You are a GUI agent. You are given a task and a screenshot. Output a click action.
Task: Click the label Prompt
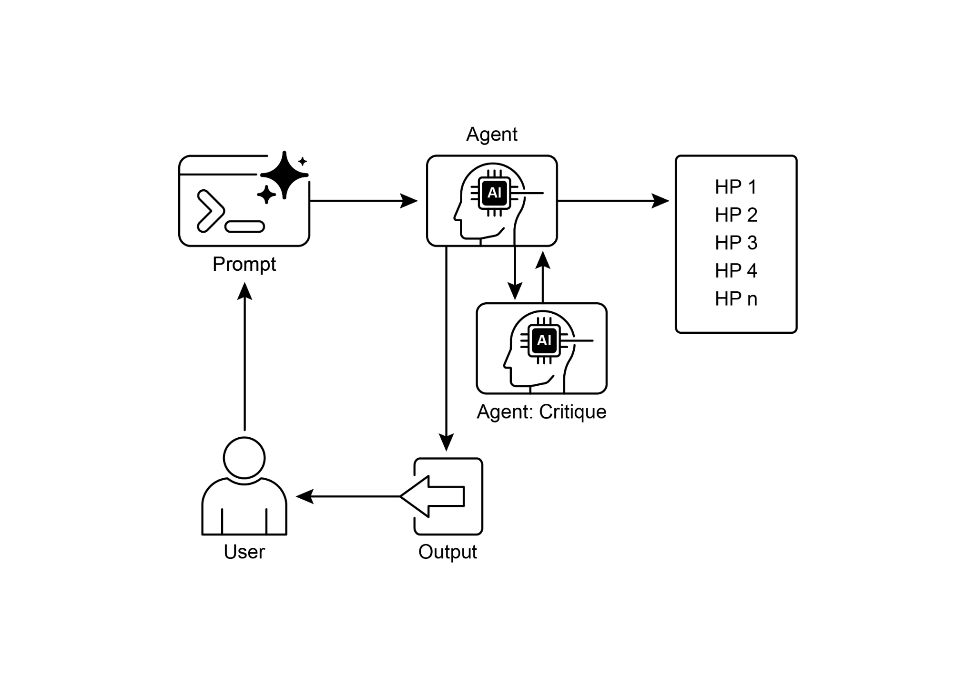[244, 264]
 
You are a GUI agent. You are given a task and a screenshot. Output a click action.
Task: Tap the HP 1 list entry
[735, 187]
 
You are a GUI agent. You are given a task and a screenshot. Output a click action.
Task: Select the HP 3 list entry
[735, 243]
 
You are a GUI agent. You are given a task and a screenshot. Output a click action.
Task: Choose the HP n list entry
[735, 299]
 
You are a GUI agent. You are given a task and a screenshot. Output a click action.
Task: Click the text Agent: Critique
[541, 412]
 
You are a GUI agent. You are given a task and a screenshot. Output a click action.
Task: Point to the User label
[244, 552]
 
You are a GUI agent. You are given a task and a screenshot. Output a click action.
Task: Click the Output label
[447, 552]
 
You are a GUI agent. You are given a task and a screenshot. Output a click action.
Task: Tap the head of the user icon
[244, 458]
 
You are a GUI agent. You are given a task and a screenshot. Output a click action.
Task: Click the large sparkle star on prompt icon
[285, 175]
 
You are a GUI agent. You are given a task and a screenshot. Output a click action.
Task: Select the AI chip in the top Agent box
[494, 193]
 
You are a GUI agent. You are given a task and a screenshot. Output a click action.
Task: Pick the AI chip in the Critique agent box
[544, 340]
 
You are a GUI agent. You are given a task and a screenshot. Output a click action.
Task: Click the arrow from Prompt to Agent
[362, 201]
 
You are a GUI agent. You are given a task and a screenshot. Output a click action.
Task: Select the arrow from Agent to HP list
[612, 201]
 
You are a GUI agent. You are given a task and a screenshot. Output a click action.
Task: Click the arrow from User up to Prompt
[244, 358]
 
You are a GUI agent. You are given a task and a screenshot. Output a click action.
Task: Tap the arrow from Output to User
[348, 496]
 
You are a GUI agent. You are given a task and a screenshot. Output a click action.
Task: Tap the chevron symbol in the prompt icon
[210, 211]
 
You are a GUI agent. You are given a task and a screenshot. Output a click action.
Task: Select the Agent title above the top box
[491, 134]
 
